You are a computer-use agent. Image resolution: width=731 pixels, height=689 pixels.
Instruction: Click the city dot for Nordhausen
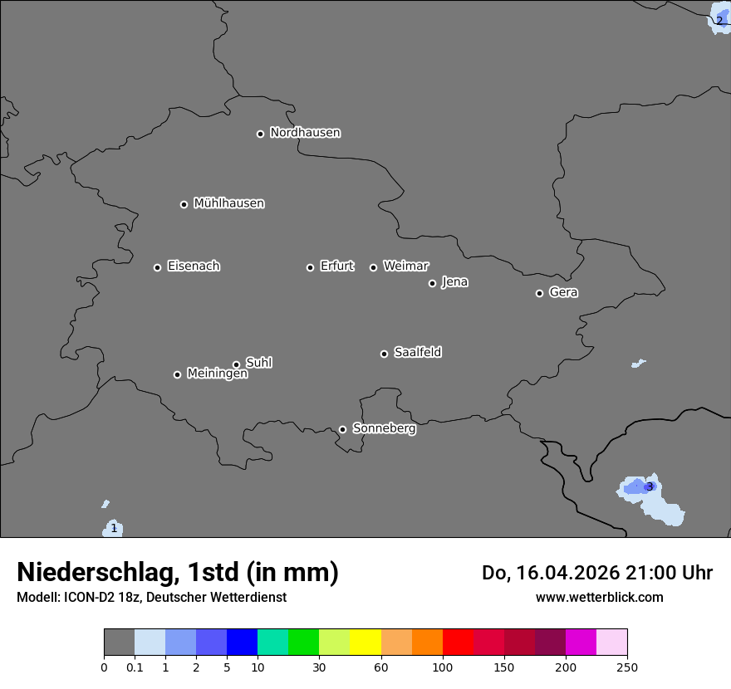coord(260,134)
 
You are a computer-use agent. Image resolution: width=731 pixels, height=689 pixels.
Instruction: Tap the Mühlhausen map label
coord(228,203)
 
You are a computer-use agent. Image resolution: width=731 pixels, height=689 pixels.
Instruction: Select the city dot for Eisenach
coord(157,267)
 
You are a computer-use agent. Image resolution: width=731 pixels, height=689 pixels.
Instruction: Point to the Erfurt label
coord(336,266)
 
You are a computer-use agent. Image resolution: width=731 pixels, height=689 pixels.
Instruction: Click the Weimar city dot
coord(373,267)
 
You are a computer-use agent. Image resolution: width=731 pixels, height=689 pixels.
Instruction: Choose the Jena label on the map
coord(454,282)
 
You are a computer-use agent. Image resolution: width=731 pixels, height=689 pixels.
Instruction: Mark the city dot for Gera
coord(539,293)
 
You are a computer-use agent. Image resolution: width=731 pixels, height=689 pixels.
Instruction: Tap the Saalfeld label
coord(417,353)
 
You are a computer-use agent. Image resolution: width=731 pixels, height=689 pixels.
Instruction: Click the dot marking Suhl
coord(236,364)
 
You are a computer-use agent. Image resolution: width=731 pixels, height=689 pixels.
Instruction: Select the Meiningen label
coord(217,374)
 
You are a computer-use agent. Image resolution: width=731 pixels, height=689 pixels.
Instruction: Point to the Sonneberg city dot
coord(342,429)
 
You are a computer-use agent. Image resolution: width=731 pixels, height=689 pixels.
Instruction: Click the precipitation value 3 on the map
coord(650,486)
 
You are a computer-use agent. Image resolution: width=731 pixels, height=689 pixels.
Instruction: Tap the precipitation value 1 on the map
coord(114,529)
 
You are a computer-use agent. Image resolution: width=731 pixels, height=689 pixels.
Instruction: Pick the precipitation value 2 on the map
coord(719,21)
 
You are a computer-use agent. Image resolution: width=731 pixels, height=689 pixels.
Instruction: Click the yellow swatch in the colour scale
coord(365,643)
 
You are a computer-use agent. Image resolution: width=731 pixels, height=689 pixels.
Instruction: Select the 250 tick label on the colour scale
coord(627,667)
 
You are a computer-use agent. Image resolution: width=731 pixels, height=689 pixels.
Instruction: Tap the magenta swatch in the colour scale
coord(581,643)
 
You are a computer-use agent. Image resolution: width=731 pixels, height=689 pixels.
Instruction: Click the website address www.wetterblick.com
coord(599,597)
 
